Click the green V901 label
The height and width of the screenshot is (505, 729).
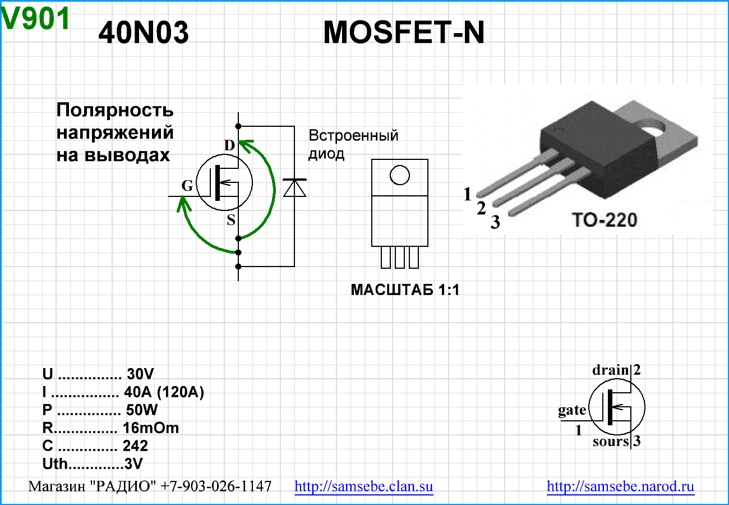36,20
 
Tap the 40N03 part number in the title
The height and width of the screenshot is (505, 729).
144,34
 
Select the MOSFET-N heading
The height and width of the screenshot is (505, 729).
404,34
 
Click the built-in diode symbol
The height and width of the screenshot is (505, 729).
294,187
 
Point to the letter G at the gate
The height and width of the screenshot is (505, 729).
187,186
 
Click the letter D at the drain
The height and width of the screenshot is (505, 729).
229,146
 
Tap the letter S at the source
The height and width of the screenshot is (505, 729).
231,220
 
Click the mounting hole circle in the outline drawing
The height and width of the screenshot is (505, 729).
400,175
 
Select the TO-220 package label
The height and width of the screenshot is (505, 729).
604,220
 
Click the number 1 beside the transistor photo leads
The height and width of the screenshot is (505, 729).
468,195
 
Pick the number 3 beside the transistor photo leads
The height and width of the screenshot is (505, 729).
495,223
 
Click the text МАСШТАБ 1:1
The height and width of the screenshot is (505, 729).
405,290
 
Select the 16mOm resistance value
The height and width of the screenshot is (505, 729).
151,428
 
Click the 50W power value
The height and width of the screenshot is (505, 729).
142,410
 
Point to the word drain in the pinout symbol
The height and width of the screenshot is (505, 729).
611,370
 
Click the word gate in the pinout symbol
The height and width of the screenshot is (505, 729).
572,410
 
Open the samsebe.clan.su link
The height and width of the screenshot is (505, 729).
364,486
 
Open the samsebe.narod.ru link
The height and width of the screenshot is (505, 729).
620,486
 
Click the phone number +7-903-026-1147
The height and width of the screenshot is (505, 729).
216,486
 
